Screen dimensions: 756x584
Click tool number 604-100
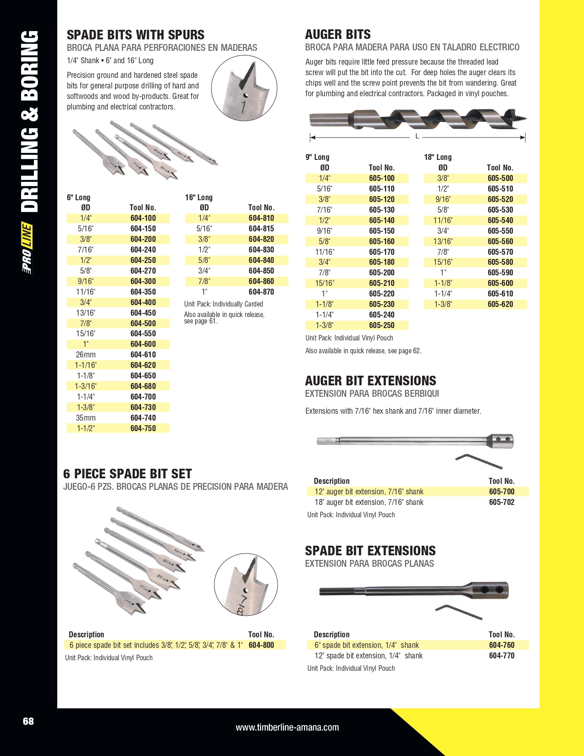coord(143,218)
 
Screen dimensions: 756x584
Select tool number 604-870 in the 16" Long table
coord(261,292)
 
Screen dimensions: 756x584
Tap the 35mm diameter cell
coord(86,418)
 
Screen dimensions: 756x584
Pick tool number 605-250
coord(382,325)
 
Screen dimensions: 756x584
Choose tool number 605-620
coord(500,304)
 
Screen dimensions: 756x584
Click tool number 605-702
coord(502,502)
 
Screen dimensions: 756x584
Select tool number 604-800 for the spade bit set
coord(261,645)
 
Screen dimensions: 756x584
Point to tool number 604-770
coord(502,656)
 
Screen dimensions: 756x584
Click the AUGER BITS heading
coord(338,34)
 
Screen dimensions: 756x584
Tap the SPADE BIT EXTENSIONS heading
coord(370,551)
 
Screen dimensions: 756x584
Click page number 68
coord(28,721)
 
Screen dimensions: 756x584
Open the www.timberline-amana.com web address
coord(287,727)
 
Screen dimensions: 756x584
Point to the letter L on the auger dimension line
coord(417,136)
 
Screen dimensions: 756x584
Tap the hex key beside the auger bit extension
coord(479,461)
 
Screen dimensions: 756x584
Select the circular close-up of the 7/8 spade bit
coord(246,585)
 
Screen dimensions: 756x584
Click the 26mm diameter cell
coord(86,355)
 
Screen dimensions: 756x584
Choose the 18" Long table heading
coord(437,157)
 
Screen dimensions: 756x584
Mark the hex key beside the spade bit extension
coord(458,612)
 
